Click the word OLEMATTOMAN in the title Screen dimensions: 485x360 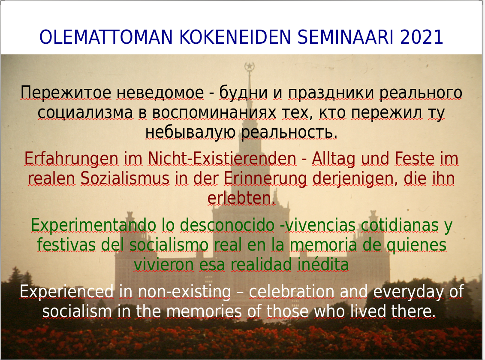(105, 37)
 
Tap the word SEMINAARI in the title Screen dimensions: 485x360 (345, 37)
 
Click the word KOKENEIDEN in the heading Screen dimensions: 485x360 (235, 37)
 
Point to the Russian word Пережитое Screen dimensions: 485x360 (66, 93)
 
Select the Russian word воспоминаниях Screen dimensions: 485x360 (214, 113)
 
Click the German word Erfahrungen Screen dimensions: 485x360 (72, 159)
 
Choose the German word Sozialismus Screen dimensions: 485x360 (125, 178)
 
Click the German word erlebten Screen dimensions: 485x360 (241, 198)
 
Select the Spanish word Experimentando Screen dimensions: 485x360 (93, 226)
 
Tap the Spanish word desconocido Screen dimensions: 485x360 (227, 225)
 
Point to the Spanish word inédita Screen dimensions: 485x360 (323, 265)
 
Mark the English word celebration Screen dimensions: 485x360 (292, 292)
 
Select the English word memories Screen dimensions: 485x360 (204, 312)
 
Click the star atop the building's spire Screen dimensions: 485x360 (249, 66)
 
